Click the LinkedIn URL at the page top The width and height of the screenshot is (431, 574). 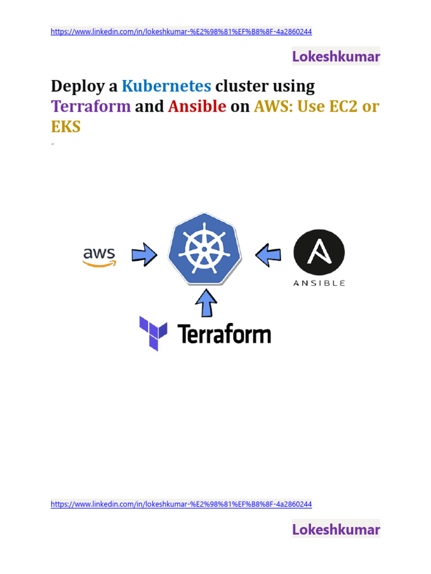pos(181,32)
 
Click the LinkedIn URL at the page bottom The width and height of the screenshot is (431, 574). pos(181,504)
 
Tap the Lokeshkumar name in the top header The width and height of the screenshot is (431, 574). pos(336,57)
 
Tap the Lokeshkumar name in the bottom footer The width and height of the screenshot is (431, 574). pos(336,529)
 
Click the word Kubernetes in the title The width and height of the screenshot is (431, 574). pos(167,86)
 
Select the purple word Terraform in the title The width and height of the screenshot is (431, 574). pos(91,107)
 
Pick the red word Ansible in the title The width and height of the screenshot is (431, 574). pos(197,107)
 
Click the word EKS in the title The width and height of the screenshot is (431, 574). pos(66,127)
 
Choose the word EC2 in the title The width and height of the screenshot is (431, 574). pos(344,107)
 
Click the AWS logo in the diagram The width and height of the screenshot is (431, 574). pos(99,257)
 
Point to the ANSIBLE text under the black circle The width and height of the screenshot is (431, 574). pos(319,283)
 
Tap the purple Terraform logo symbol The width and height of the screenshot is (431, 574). pos(153,333)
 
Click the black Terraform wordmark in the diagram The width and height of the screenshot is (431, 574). pos(224,334)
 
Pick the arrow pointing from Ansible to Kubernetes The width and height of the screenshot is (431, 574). pos(268,256)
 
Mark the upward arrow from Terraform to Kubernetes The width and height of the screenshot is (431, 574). pos(206,303)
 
